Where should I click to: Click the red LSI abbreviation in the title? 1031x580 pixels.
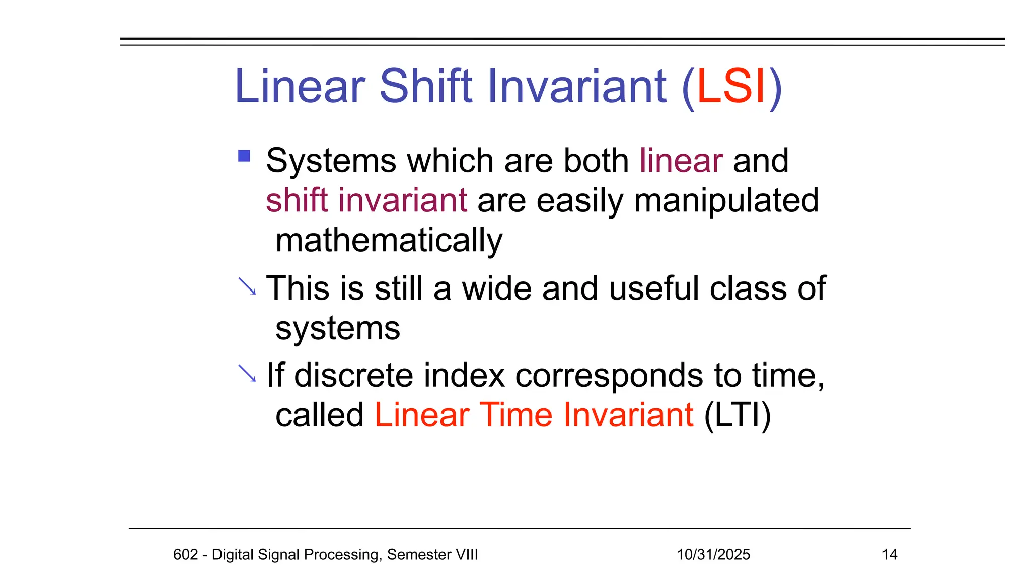(x=731, y=87)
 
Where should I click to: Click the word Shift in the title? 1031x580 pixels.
(x=425, y=87)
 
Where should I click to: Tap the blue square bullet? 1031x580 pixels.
(x=244, y=156)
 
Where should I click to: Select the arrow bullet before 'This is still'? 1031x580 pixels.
(x=247, y=286)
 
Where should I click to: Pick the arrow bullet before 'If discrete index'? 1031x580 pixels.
(x=247, y=373)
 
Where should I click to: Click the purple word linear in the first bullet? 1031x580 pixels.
(x=681, y=161)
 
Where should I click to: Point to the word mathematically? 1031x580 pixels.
(x=389, y=241)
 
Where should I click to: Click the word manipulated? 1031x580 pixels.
(x=726, y=201)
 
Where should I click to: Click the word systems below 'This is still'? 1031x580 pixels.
(x=338, y=329)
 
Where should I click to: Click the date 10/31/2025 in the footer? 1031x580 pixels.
(x=713, y=554)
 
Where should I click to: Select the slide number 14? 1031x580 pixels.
(x=890, y=554)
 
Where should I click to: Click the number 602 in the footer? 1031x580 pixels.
(x=185, y=554)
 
